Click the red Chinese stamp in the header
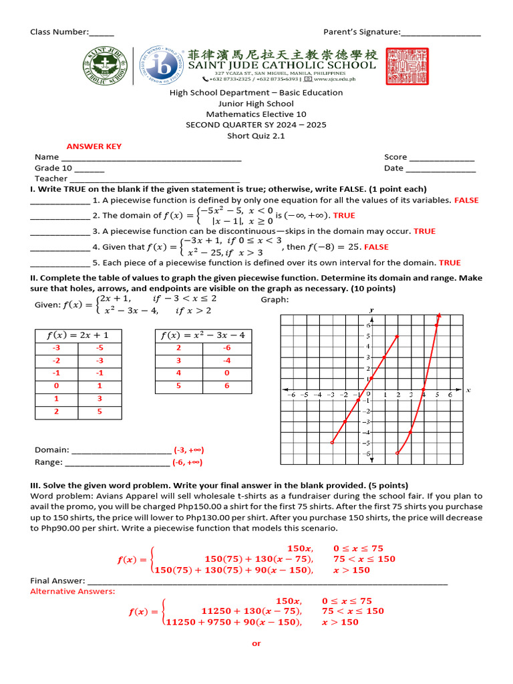click(407, 65)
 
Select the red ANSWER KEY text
click(94, 146)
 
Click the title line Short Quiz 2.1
click(256, 136)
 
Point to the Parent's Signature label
click(361, 32)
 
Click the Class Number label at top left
click(59, 32)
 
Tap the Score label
click(395, 157)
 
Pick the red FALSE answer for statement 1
click(466, 200)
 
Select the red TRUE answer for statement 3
click(424, 231)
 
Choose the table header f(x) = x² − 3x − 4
click(202, 335)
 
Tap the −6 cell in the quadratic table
click(227, 348)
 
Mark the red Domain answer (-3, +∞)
click(188, 450)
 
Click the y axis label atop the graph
click(371, 310)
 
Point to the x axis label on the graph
click(468, 389)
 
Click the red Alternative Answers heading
click(73, 591)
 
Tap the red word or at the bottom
click(256, 643)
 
